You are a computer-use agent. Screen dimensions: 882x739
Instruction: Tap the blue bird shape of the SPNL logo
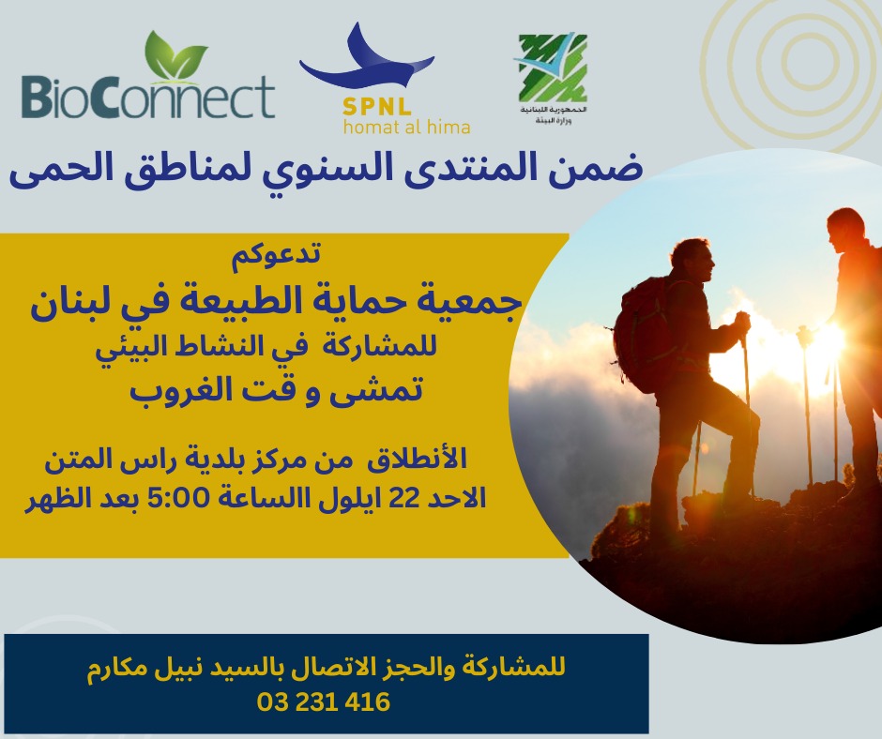(366, 60)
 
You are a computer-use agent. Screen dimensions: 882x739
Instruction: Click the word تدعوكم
(276, 253)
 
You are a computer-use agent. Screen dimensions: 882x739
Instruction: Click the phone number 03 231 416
(324, 701)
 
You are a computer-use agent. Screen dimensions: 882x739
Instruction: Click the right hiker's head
(844, 231)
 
